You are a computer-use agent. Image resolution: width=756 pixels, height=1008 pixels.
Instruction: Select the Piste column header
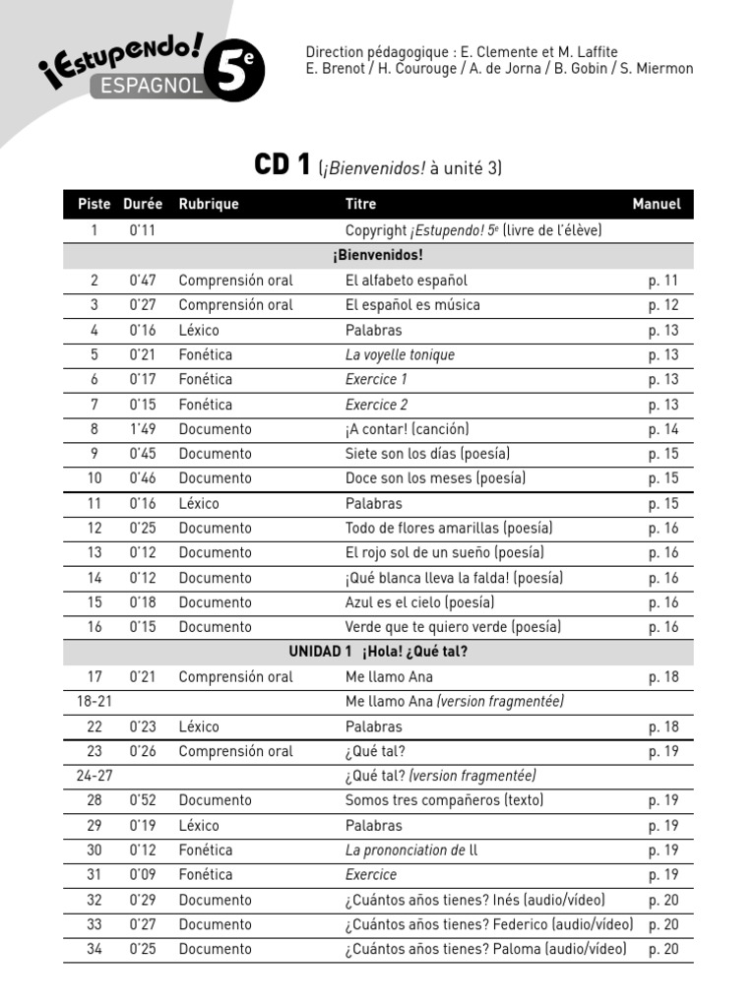pos(94,205)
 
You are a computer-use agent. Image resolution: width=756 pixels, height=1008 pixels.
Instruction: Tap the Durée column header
pos(143,205)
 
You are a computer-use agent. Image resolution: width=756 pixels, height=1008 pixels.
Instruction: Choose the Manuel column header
pos(656,205)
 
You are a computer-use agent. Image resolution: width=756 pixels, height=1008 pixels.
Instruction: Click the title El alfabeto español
pos(406,281)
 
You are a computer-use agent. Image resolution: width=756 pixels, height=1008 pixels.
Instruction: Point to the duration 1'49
pos(143,429)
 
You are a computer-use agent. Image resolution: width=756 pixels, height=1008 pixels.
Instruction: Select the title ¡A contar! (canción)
pos(407,429)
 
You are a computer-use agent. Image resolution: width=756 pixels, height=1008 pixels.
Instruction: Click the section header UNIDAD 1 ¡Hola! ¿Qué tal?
pos(378,652)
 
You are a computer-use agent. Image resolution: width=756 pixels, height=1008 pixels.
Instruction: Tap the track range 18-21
pos(94,702)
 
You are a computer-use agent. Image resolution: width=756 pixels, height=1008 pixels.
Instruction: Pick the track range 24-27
pos(94,776)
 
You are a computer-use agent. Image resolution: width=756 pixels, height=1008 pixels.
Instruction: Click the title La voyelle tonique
pos(400,354)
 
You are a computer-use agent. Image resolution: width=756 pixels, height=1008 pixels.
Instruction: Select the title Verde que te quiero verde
pos(453,627)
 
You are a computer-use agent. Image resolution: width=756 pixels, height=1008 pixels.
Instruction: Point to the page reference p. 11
pos(662,281)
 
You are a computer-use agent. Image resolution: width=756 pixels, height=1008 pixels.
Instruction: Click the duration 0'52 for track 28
pos(143,800)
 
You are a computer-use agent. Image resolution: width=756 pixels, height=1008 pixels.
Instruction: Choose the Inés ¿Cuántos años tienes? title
pos(474,900)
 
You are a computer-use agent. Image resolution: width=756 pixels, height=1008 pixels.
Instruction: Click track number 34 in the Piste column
pos(94,949)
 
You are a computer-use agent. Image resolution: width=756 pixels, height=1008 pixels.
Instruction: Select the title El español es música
pos(412,305)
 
